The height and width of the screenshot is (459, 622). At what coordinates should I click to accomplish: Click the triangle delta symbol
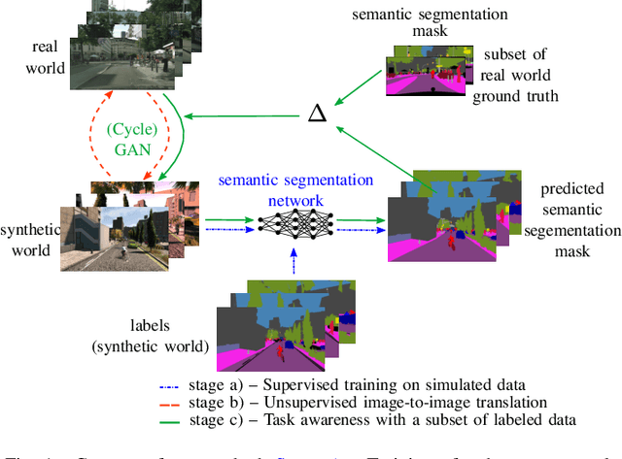tap(316, 115)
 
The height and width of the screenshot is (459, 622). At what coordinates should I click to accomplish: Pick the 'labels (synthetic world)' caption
tap(156, 334)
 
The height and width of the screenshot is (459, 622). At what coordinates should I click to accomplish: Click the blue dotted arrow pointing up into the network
tap(294, 263)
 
